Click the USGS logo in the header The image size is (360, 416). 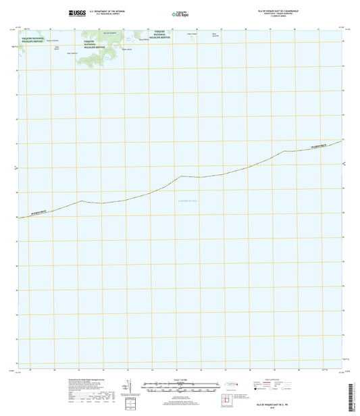click(76, 12)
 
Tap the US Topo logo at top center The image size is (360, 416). click(180, 12)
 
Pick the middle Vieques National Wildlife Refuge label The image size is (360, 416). click(94, 45)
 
